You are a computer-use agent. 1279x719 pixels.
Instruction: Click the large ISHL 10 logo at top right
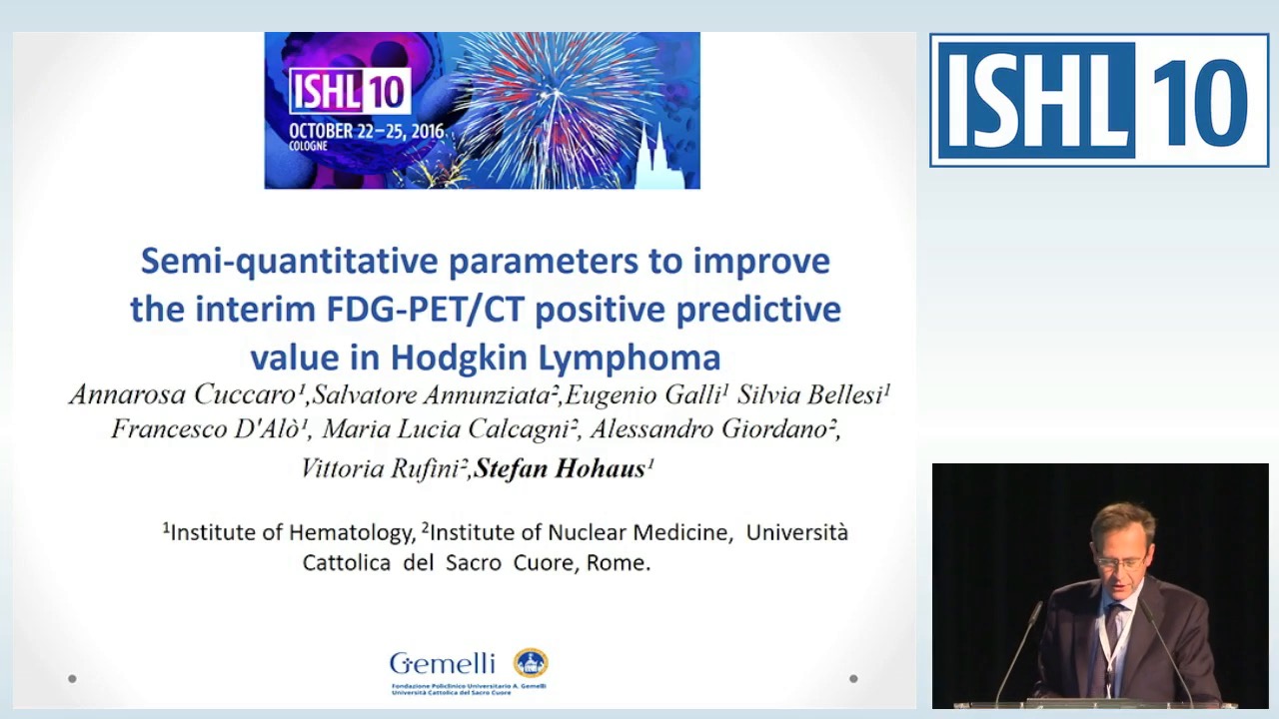point(1099,101)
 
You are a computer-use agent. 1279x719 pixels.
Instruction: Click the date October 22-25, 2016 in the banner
point(366,132)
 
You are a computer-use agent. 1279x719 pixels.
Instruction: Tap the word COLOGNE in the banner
point(310,147)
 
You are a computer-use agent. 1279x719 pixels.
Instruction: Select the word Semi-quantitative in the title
point(289,261)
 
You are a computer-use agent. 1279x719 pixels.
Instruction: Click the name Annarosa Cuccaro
point(185,395)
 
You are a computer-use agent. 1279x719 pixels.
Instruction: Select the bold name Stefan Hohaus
point(561,469)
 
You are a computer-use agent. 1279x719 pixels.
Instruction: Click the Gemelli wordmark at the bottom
point(443,663)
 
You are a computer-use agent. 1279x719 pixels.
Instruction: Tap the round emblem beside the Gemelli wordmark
point(531,662)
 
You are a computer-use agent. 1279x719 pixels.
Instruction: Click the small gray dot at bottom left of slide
point(72,679)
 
